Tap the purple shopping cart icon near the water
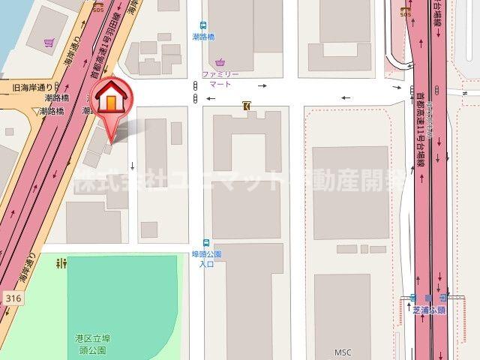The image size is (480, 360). pos(49,43)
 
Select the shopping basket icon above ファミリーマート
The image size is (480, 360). pos(220,62)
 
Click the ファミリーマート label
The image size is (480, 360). pos(220,79)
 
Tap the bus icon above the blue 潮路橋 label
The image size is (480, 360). pos(203,25)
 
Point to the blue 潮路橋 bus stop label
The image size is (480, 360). pos(203,36)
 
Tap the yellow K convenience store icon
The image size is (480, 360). pos(246,106)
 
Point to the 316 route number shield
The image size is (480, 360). pos(11,298)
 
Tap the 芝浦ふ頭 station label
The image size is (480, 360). pos(429,310)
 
